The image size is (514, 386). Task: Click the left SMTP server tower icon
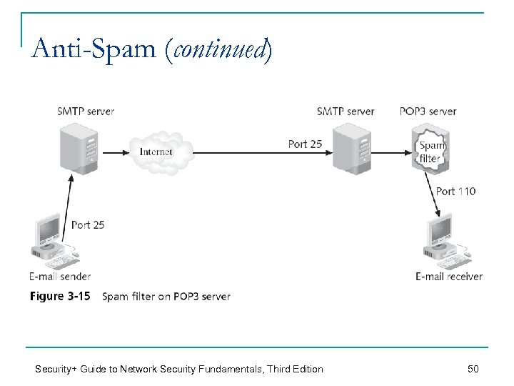coord(79,148)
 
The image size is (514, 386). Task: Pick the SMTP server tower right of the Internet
coord(353,148)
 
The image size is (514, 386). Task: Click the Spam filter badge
coord(430,151)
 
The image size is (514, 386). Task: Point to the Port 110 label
coord(455,191)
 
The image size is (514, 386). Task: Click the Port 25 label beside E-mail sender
coord(88,224)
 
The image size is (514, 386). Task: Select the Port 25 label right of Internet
coord(305,144)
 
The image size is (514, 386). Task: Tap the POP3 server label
coord(428,111)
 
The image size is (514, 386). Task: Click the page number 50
coord(473,369)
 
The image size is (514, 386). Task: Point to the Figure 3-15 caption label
coord(60,296)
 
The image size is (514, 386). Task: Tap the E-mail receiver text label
coord(449,277)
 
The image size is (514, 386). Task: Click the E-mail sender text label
coord(60,277)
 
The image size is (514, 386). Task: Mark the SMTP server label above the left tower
coord(86,111)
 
